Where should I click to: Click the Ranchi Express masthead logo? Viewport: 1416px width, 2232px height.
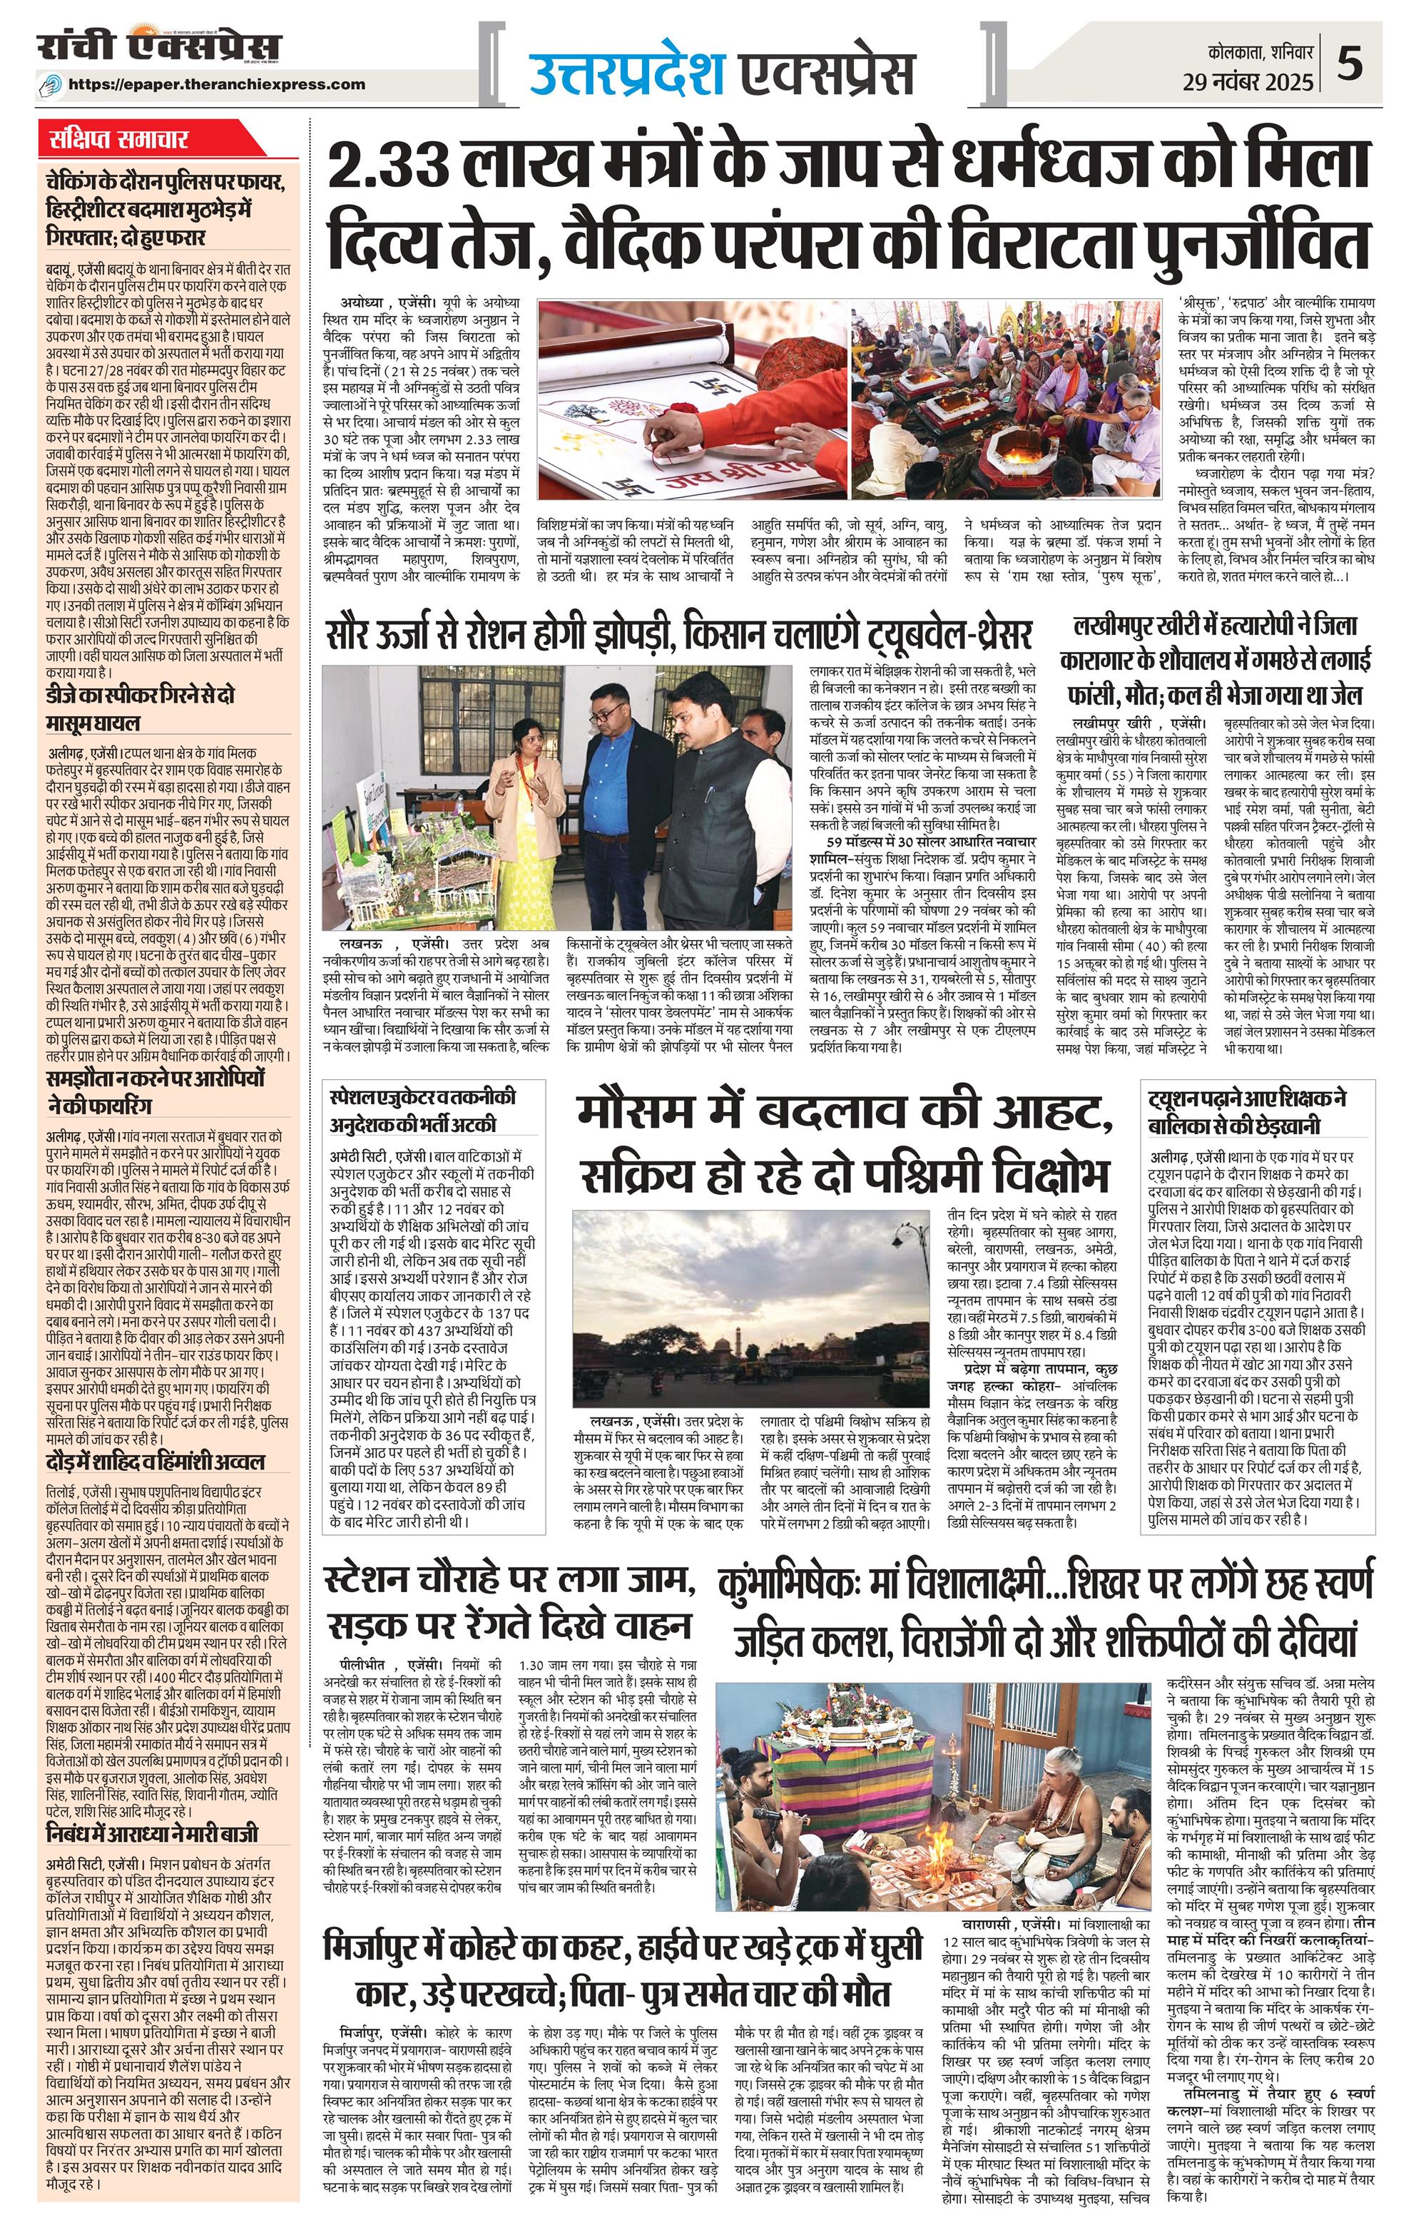[x=158, y=49]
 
